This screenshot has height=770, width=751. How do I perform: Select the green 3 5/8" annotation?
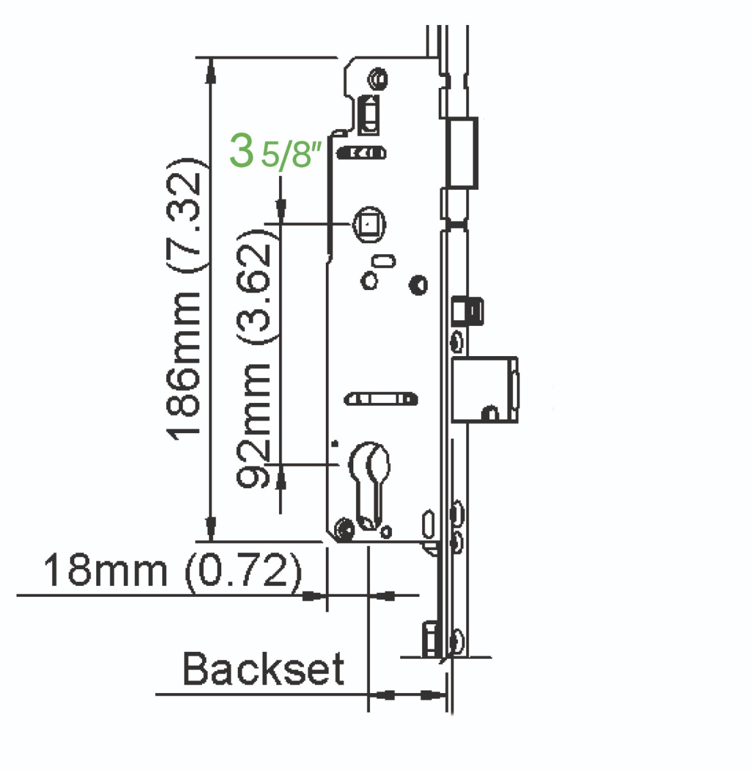(274, 152)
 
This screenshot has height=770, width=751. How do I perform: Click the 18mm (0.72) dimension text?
(172, 569)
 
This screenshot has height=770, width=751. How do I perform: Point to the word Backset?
(263, 669)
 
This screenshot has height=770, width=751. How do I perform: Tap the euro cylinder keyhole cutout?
(369, 481)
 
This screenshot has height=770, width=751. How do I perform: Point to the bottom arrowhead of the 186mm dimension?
(210, 530)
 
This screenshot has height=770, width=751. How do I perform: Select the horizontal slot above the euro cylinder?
(382, 400)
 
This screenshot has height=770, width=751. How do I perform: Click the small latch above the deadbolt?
(468, 311)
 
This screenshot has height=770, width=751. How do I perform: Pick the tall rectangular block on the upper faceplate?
(463, 151)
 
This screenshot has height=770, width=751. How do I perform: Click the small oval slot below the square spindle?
(384, 261)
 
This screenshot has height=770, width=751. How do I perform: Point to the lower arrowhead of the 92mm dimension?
(280, 478)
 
